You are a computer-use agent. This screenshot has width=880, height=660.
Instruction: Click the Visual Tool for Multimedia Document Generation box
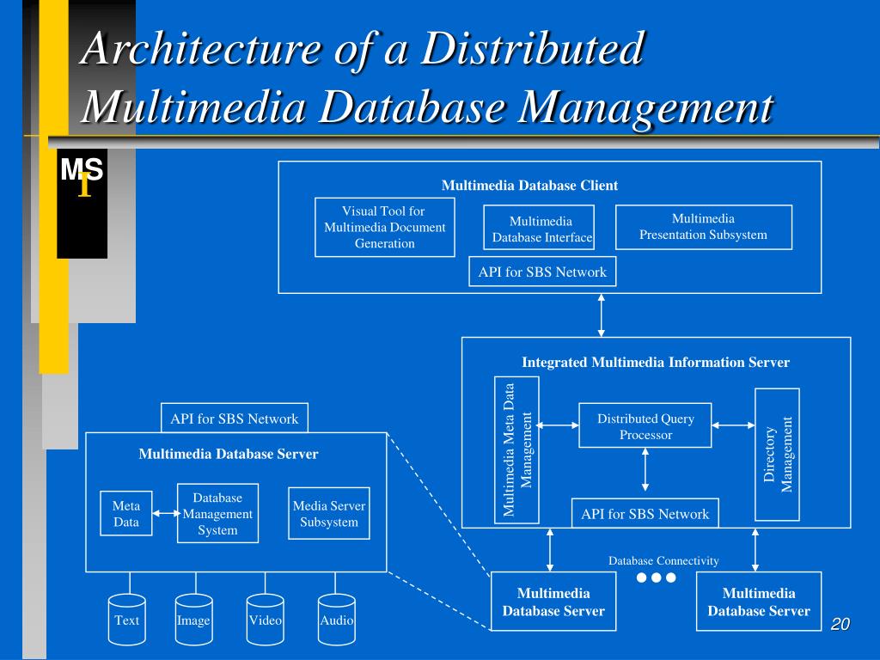pos(384,227)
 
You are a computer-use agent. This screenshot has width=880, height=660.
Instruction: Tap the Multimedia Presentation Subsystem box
pos(703,227)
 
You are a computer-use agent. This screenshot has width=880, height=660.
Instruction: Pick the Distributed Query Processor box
pos(645,425)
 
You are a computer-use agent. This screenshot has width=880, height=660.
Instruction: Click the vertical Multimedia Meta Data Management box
pos(517,449)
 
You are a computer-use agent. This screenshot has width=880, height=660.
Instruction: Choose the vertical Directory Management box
pos(777,454)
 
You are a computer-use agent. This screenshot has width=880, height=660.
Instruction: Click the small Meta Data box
pos(126,513)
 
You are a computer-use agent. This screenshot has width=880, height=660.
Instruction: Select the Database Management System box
pos(217,514)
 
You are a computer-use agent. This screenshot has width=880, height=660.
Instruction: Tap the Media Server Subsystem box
pos(328,514)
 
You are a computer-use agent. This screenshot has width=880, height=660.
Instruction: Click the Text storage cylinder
pos(126,620)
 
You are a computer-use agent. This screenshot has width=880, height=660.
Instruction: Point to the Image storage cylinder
pos(193,620)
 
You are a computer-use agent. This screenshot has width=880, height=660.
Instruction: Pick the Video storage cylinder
pos(265,620)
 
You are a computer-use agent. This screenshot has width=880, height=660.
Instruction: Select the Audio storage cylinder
pos(336,620)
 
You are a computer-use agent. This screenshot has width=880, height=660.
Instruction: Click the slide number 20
pos(840,624)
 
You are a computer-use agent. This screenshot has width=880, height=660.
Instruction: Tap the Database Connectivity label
pos(663,560)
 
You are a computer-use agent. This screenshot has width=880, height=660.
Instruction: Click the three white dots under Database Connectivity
pos(657,577)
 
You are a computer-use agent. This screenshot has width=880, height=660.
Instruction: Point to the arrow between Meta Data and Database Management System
pos(164,513)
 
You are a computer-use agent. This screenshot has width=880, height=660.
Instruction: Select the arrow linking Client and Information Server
pos(602,315)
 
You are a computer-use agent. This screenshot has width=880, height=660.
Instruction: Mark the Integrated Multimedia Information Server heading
pos(656,362)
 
